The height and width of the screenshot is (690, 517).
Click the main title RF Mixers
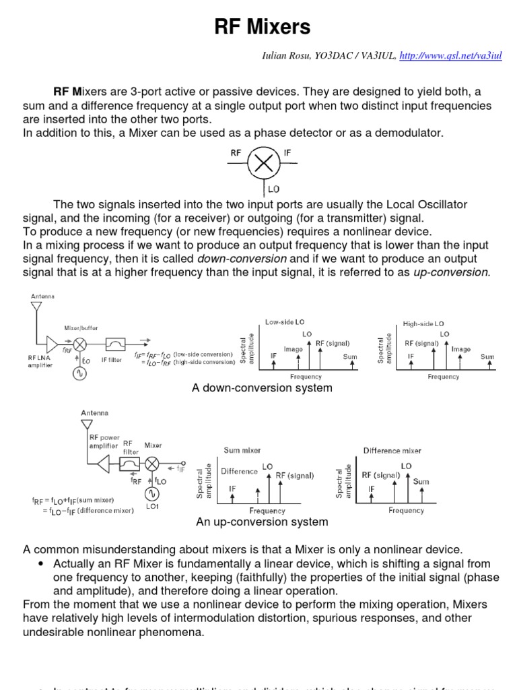tap(263, 27)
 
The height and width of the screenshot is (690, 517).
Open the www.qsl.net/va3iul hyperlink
tap(450, 56)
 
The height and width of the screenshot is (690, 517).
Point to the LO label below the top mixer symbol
tap(273, 189)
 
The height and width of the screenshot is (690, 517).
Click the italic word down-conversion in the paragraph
tap(242, 259)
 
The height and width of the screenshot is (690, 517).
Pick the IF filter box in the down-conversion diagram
tap(112, 344)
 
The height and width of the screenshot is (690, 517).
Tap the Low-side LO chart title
tap(285, 323)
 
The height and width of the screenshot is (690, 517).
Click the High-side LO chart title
tap(423, 324)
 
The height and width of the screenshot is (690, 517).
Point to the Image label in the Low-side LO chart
tap(293, 349)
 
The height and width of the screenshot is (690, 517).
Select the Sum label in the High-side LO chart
tap(487, 356)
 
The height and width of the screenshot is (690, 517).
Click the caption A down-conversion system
tap(263, 388)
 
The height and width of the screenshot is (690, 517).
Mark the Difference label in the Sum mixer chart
tap(239, 471)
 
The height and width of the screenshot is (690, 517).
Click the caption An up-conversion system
tap(262, 522)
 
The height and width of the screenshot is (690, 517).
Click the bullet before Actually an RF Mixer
tap(42, 564)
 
